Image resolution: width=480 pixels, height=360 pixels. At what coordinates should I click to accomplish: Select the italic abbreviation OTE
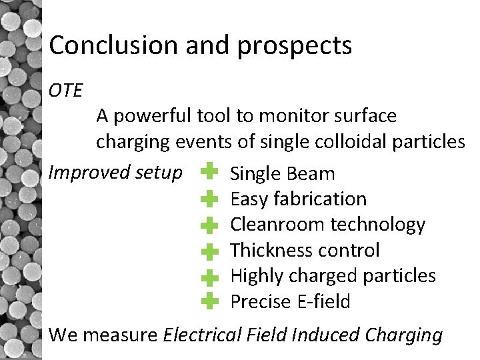click(65, 90)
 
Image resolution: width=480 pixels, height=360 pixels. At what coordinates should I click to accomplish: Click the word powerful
click(153, 117)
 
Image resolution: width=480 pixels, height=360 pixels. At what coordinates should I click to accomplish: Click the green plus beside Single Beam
click(209, 172)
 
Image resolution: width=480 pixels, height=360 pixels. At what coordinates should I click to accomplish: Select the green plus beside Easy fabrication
click(209, 199)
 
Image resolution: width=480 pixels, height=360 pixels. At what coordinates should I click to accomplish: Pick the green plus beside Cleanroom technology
click(209, 225)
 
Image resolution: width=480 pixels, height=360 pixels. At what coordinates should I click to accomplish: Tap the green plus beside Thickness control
click(209, 251)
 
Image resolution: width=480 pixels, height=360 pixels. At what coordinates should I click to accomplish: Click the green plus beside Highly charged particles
click(209, 276)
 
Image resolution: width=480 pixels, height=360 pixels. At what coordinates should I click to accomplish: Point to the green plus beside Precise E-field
click(209, 301)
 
